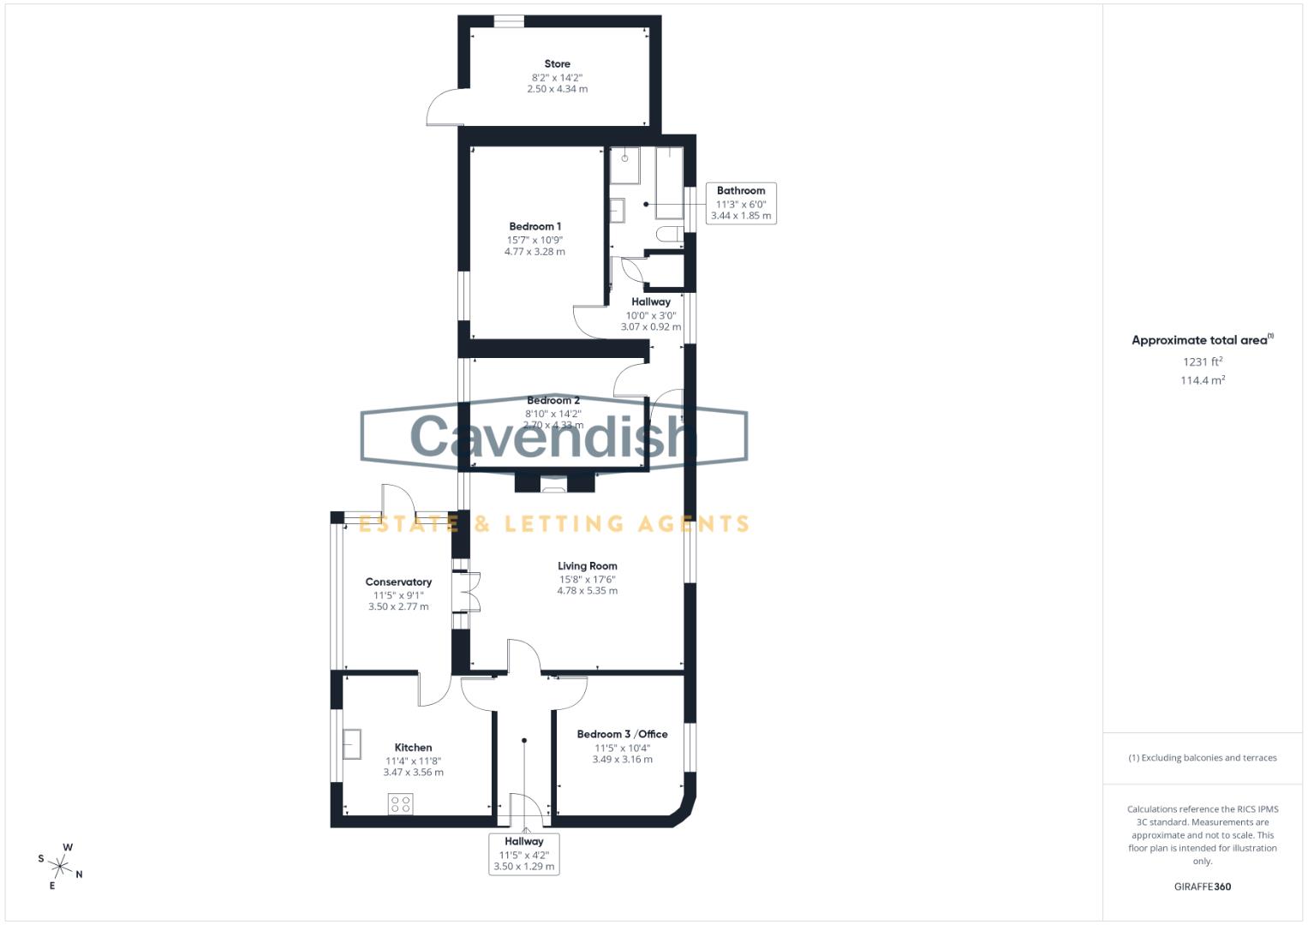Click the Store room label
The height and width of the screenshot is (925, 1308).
coord(557,64)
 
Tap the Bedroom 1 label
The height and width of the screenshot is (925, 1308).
coord(535,227)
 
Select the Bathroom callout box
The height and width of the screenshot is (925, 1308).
coord(741,203)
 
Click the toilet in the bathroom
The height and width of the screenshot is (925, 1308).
coord(667,234)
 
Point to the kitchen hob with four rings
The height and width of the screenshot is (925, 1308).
coord(400,803)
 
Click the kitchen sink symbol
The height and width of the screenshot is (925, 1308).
coord(352,743)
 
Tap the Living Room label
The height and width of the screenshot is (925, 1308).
coord(587,566)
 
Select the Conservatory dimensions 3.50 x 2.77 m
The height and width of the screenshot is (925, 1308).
coord(398,606)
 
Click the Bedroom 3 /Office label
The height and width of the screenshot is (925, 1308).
coord(622,734)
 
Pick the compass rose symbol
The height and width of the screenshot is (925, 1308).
coord(61,866)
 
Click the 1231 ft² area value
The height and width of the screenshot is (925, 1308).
coord(1202,361)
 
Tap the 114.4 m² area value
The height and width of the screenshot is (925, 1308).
coord(1202,380)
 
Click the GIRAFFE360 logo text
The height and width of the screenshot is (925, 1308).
coord(1202,886)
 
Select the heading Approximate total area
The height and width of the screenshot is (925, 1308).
coord(1199,340)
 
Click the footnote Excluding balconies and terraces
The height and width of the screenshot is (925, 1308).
coord(1202,758)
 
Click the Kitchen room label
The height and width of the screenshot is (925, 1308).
coord(413,748)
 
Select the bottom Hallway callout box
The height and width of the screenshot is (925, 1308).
coord(524,854)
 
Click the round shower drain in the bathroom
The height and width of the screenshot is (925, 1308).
coord(625,158)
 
